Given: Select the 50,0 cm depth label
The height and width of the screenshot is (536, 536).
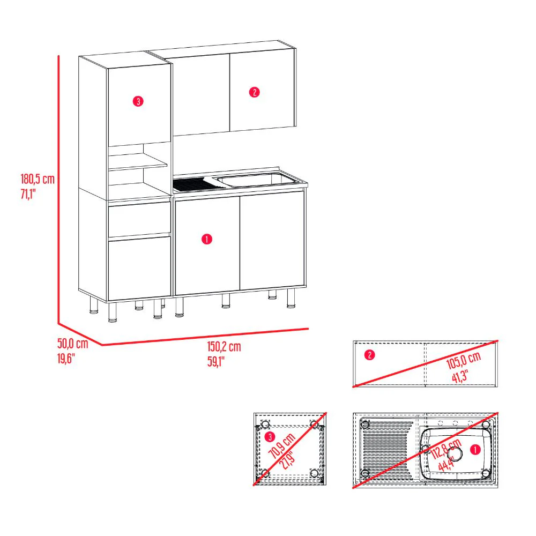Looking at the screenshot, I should pyautogui.click(x=72, y=344).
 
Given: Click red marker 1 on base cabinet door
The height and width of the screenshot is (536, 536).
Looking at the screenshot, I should pyautogui.click(x=207, y=240).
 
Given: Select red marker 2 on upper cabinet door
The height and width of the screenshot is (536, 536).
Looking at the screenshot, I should pyautogui.click(x=254, y=92).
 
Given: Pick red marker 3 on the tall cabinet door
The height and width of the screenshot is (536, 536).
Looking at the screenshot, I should pyautogui.click(x=138, y=101).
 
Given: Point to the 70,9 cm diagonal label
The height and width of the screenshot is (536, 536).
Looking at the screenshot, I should pyautogui.click(x=282, y=445).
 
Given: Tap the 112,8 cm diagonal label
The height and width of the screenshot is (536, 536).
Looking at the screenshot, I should pyautogui.click(x=446, y=451).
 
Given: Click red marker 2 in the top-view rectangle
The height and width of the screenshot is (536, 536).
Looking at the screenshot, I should pyautogui.click(x=368, y=355).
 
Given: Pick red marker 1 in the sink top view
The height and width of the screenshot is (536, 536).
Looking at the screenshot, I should pyautogui.click(x=474, y=450).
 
